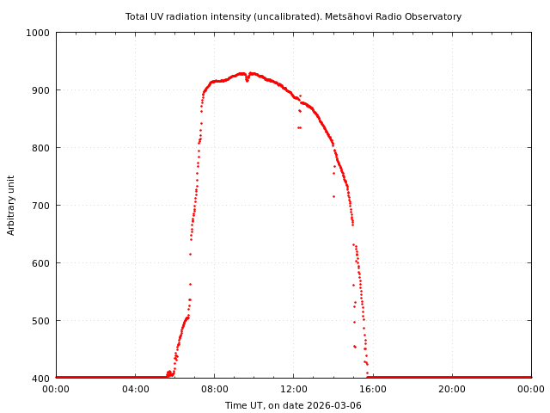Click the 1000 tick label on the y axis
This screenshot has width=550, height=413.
38,33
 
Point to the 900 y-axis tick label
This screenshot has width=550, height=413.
40,90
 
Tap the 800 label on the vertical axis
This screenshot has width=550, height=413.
40,148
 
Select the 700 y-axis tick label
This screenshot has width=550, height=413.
40,206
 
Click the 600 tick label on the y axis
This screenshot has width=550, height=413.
40,263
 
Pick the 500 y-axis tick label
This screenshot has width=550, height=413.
40,321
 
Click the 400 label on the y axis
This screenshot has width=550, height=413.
40,379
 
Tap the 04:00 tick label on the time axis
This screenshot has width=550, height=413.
135,389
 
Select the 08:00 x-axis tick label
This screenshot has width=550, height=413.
214,389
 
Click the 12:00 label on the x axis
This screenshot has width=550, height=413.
293,389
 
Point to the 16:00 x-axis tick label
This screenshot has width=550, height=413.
373,389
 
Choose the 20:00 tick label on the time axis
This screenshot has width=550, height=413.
452,389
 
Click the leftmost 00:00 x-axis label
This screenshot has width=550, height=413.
56,389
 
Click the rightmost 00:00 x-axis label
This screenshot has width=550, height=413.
531,389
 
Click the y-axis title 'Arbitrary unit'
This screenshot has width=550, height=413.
11,205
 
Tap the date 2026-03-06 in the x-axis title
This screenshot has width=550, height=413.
335,405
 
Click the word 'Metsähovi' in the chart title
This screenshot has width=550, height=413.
347,16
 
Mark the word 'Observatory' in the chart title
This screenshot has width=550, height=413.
431,16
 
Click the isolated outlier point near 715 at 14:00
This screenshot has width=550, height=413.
333,196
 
